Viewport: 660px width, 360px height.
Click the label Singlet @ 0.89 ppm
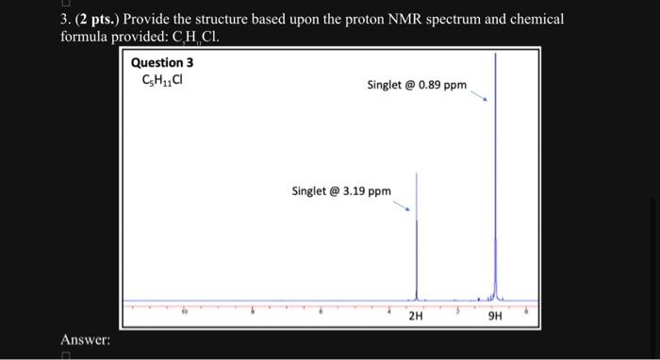click(417, 86)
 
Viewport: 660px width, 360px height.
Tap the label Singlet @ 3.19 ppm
click(341, 191)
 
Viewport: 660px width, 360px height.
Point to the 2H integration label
click(416, 316)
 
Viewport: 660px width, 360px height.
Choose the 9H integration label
click(496, 316)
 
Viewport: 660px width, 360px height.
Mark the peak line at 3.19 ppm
click(417, 236)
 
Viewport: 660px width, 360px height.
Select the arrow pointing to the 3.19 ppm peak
click(403, 204)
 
